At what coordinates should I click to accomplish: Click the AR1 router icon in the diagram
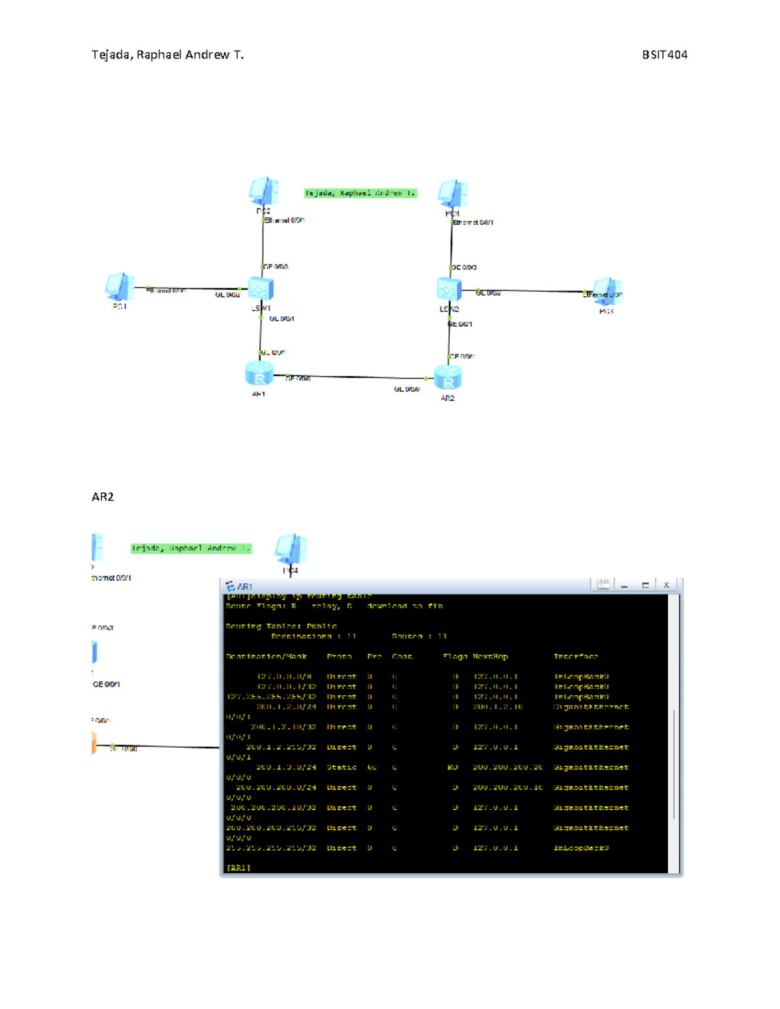point(259,374)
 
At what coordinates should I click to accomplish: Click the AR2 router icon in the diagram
point(448,377)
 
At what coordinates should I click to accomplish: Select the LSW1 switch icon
point(260,288)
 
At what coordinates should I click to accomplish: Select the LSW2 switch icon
point(448,289)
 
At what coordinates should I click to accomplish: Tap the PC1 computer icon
point(119,287)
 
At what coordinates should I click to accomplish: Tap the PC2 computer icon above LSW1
point(263,192)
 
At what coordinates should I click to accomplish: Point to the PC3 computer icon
point(606,292)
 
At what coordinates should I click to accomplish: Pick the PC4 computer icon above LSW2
point(452,194)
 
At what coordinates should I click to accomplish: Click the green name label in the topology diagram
point(360,193)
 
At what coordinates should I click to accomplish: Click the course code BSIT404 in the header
point(664,55)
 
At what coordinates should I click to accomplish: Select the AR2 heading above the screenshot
point(103,497)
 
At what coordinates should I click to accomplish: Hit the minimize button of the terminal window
point(625,585)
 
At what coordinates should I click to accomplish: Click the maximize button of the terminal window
point(645,585)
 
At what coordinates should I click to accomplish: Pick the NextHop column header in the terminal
point(490,657)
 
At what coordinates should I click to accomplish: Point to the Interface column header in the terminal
point(576,657)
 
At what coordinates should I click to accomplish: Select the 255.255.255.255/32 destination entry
point(271,848)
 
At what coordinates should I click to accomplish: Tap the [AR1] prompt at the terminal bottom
point(238,867)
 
